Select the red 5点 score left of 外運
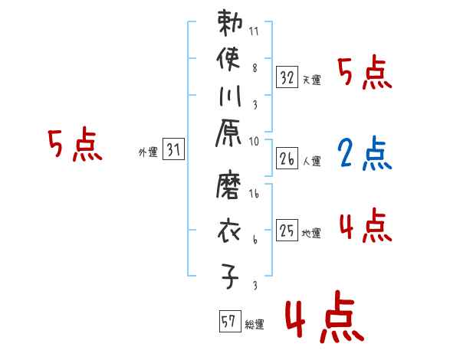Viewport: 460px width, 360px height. tap(75, 145)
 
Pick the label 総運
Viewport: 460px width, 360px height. tap(255, 325)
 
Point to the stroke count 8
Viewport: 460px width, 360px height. tap(254, 67)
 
